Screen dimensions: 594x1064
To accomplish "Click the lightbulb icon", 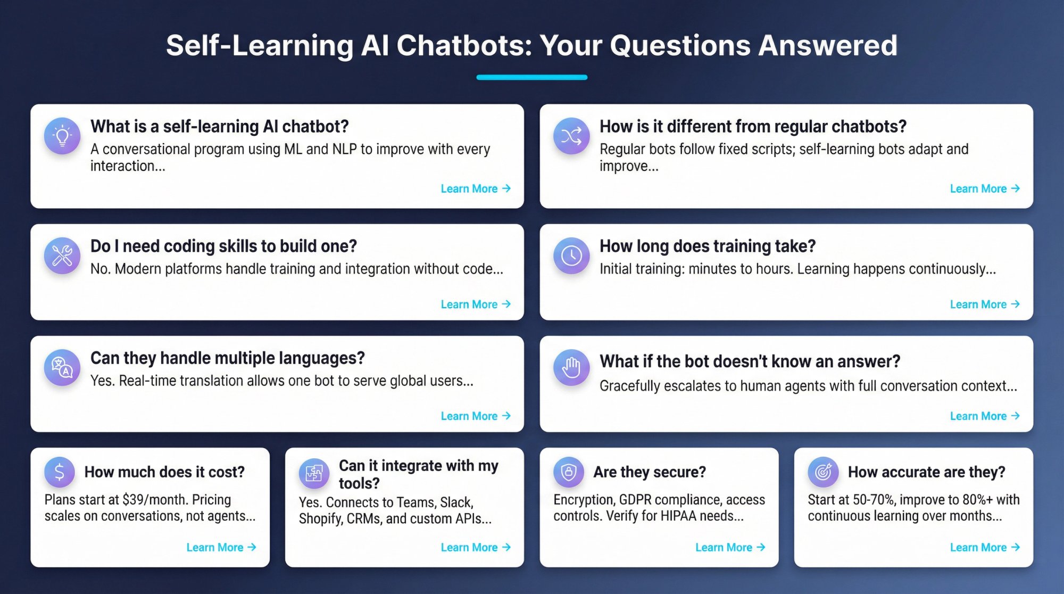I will (62, 136).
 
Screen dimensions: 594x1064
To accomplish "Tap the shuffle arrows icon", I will (571, 136).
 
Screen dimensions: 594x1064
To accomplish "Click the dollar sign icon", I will (60, 472).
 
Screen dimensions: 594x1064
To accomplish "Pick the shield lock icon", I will (569, 472).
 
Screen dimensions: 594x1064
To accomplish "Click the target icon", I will (823, 472).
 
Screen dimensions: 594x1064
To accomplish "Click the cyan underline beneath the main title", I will (531, 77).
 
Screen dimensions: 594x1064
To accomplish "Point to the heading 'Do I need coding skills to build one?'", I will (223, 246).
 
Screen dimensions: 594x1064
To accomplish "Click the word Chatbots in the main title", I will (464, 45).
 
